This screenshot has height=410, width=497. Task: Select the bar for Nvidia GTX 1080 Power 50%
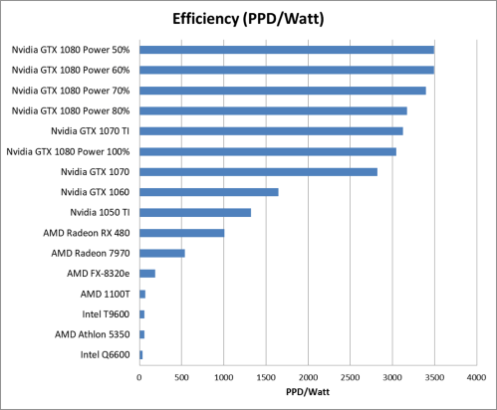(287, 49)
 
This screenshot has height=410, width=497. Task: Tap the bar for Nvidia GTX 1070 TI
(271, 130)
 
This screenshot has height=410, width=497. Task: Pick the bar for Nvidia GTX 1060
(209, 191)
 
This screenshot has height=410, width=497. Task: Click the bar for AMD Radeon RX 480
(182, 233)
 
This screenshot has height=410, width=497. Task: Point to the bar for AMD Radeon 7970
(162, 253)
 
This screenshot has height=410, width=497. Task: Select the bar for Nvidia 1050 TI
(195, 212)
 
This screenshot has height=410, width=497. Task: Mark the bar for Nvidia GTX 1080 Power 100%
(268, 151)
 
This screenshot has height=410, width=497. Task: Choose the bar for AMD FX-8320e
(147, 273)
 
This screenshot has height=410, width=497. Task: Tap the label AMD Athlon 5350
(96, 334)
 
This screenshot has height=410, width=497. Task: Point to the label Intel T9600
(107, 313)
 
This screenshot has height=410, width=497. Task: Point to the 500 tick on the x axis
(182, 378)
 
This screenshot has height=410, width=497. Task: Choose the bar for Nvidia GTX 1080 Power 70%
(283, 90)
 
